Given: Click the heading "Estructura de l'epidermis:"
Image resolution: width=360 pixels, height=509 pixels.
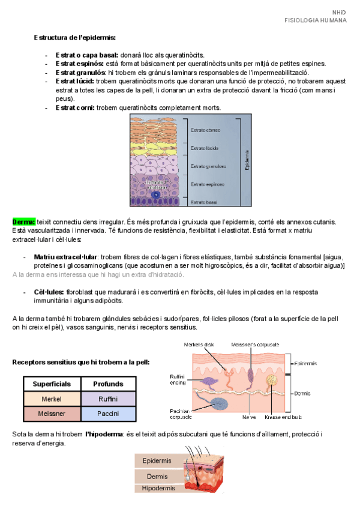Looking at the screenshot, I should [75, 38].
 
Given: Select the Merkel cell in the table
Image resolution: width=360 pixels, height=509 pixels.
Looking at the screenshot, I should [52, 399].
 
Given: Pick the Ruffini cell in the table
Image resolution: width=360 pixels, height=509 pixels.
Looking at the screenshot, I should [108, 399].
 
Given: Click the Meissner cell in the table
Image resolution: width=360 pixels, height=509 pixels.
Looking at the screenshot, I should [52, 414].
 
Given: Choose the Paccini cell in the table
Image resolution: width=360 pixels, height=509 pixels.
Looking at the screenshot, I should [108, 414].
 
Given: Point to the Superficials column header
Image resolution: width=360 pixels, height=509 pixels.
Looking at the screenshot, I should [52, 384].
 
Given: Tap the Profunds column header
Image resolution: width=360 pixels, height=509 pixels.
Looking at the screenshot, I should [108, 384].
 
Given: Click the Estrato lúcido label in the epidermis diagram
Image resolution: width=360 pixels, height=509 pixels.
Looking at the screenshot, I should [204, 148].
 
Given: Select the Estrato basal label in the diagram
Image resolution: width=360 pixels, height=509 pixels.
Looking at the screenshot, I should [203, 202].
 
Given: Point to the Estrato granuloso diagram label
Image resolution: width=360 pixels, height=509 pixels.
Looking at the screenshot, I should [208, 166].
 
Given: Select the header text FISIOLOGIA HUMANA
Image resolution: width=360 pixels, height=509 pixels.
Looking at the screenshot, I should [315, 20].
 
